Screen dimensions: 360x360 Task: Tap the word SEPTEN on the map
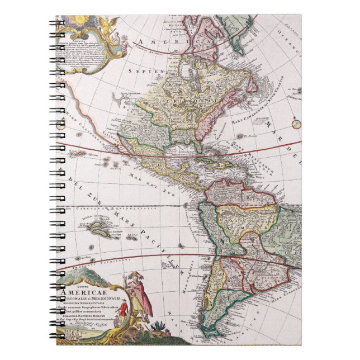pos(141,72)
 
